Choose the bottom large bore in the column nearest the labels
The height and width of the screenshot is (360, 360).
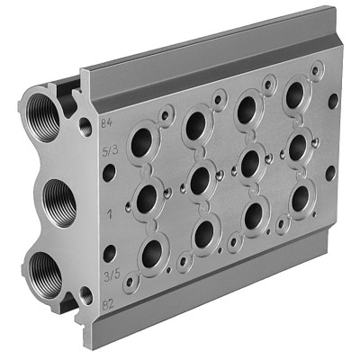pyautogui.click(x=151, y=252)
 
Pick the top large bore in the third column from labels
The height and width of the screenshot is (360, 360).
pyautogui.click(x=246, y=110)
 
